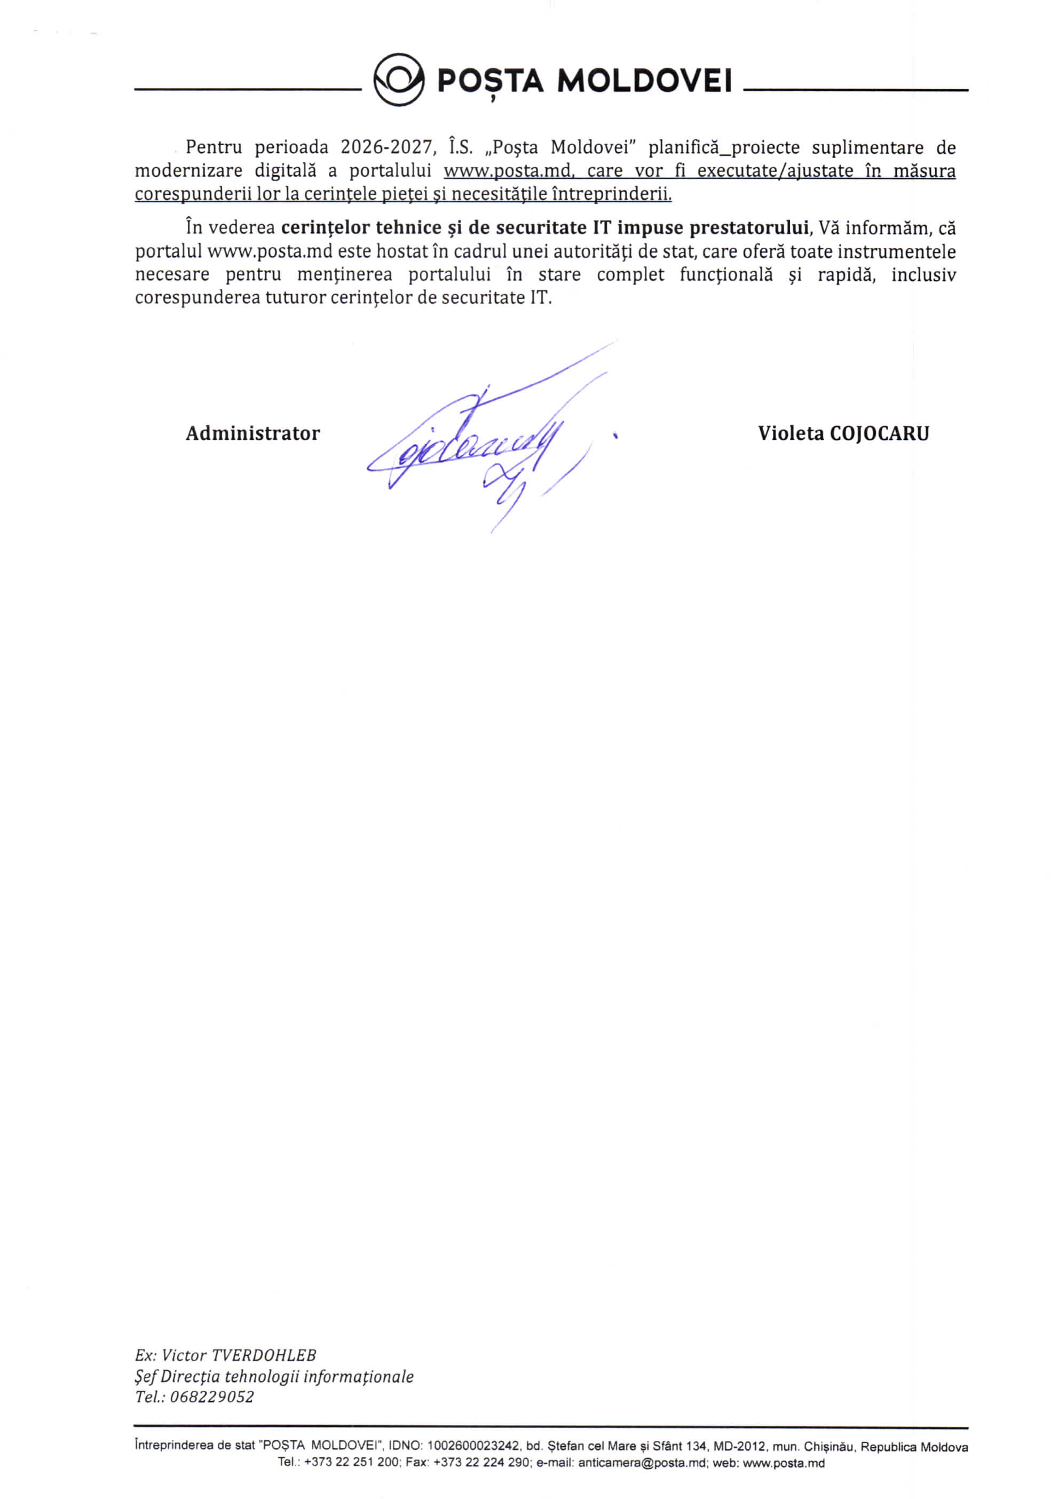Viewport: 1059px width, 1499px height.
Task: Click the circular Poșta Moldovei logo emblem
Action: (398, 80)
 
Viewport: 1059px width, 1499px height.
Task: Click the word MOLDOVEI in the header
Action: (644, 81)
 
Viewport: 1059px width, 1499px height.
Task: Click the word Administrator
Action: (252, 433)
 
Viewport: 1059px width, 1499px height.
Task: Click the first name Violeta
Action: (790, 433)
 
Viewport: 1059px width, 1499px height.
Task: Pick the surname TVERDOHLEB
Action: (264, 1355)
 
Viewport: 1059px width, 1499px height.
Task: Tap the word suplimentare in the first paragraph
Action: (868, 147)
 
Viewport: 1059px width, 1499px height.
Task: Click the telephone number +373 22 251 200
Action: (351, 1463)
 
